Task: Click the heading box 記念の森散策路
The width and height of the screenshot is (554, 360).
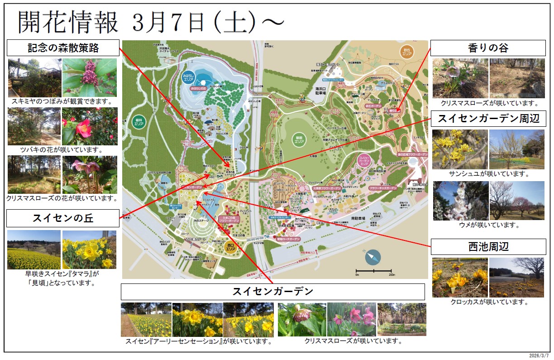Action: point(63,48)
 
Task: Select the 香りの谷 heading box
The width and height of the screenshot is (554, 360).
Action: point(488,48)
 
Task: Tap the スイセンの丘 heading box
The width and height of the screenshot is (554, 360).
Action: point(63,218)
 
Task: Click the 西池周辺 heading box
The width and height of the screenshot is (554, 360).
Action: point(488,247)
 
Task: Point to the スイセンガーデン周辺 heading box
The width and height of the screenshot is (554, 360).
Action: point(488,119)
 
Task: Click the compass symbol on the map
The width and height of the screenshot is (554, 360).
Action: point(373,257)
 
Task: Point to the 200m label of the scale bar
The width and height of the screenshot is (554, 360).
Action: point(391,275)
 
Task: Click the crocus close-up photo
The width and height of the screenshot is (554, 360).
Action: point(460,277)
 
